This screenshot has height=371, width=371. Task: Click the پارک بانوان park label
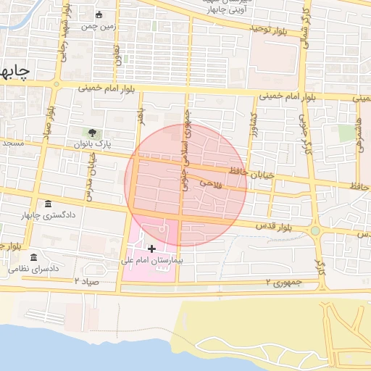[x=93, y=144]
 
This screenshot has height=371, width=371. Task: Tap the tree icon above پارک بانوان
[x=93, y=133]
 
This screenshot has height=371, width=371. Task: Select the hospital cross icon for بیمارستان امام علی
[x=151, y=249]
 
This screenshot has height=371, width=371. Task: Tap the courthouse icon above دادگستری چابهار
[x=48, y=204]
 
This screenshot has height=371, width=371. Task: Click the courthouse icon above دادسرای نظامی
[x=34, y=257]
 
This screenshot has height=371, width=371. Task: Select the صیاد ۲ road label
[x=86, y=280]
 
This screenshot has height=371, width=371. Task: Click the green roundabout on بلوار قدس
[x=315, y=231]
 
